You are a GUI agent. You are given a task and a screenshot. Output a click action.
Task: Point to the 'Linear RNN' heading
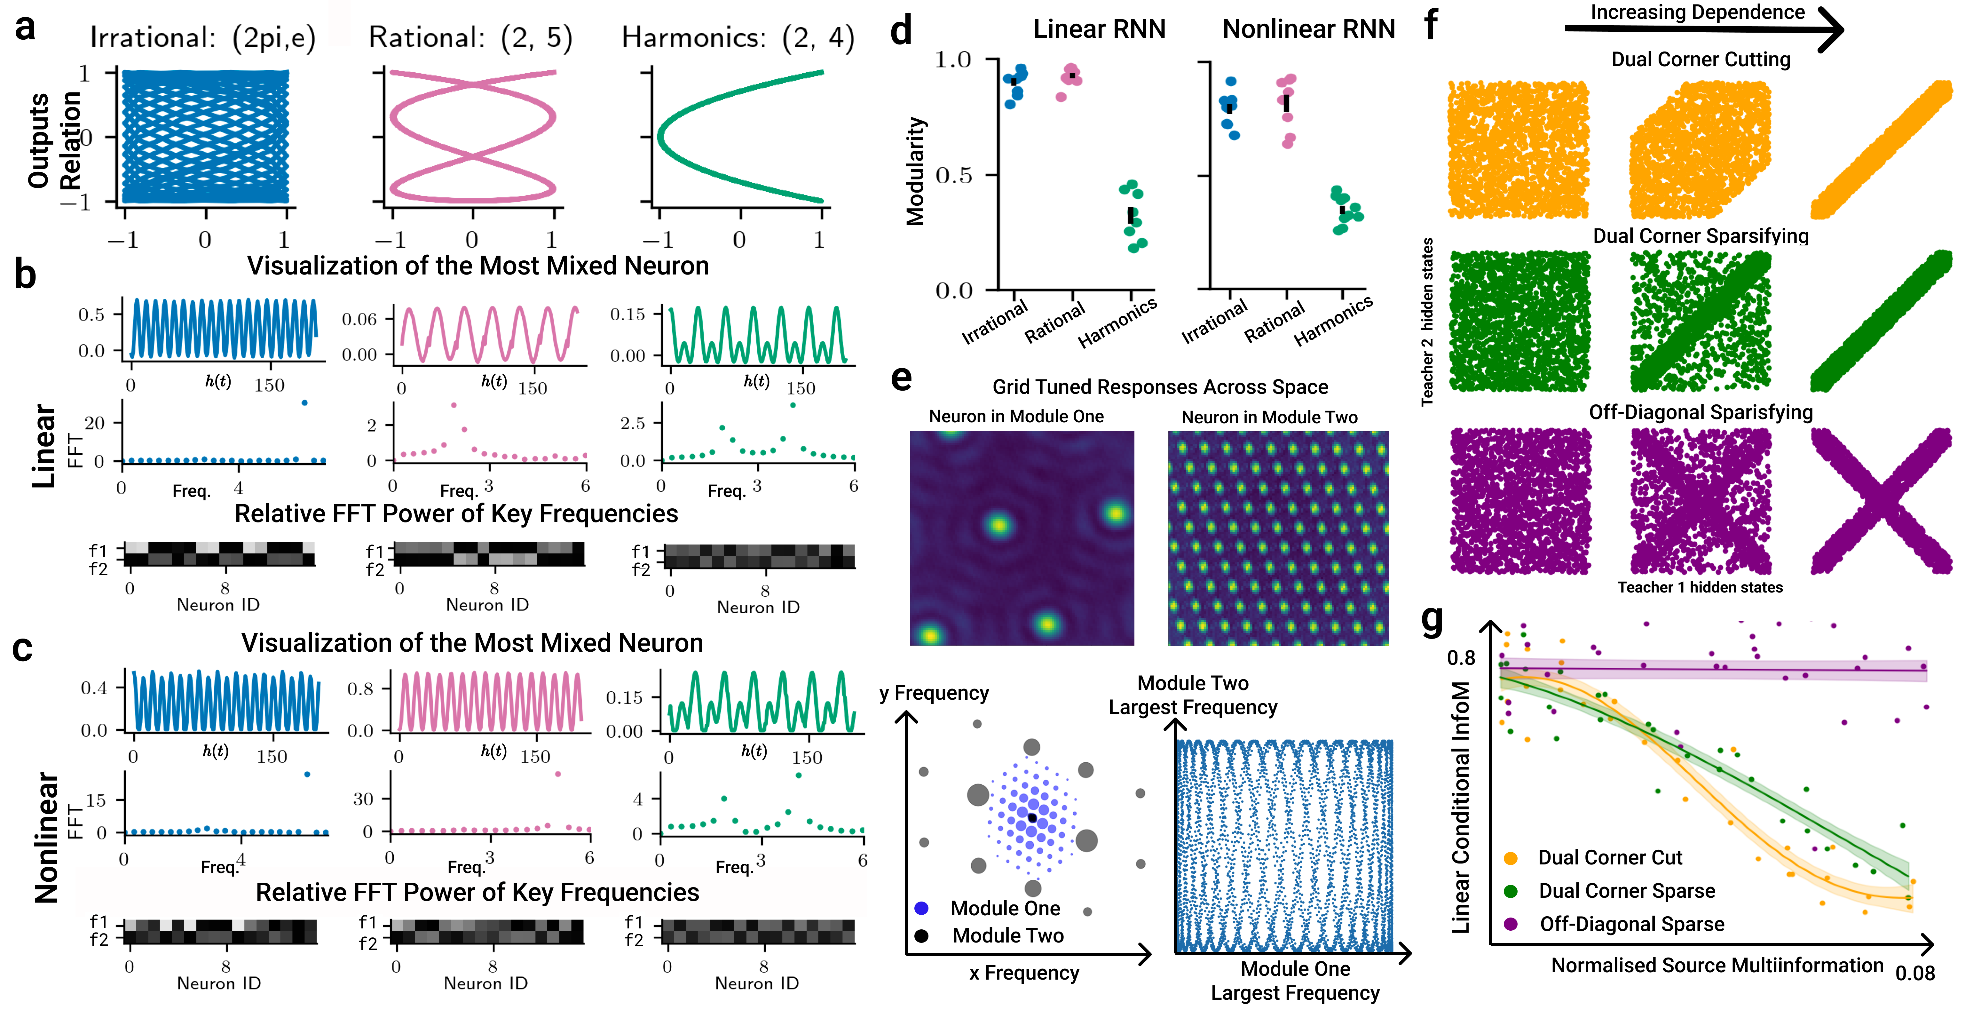pos(1099,29)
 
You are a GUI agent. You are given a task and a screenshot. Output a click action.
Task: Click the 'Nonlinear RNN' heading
pos(1308,29)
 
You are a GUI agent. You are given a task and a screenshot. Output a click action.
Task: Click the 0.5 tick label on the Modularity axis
pos(954,175)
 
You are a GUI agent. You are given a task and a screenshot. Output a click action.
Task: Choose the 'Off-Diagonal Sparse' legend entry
pos(1631,925)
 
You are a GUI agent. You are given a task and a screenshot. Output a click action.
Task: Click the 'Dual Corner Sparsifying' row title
pos(1700,236)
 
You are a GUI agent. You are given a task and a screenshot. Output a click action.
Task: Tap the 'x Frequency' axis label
pos(1024,973)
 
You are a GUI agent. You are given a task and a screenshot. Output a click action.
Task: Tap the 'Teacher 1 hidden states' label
pos(1700,587)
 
